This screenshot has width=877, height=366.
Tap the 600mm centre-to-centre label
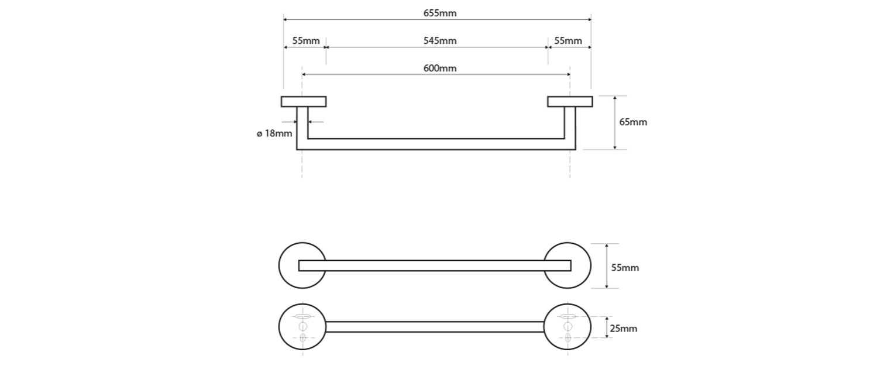pos(440,68)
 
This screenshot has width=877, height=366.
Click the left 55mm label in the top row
pos(305,40)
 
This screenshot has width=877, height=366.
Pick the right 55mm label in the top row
pos(568,40)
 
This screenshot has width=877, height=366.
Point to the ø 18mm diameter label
pos(274,133)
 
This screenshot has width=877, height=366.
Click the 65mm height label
pos(633,122)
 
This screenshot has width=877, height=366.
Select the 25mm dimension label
pos(624,329)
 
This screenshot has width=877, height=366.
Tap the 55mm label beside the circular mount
pos(625,268)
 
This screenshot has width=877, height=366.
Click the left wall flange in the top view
pos(304,101)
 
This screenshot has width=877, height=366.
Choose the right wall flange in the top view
pos(570,101)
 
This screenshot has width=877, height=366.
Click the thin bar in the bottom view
pos(434,327)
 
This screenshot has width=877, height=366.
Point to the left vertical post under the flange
pos(302,126)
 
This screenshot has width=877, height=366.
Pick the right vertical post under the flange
pos(570,126)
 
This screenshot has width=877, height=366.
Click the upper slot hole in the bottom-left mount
pos(302,316)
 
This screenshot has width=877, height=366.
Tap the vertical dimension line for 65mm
pos(615,122)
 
